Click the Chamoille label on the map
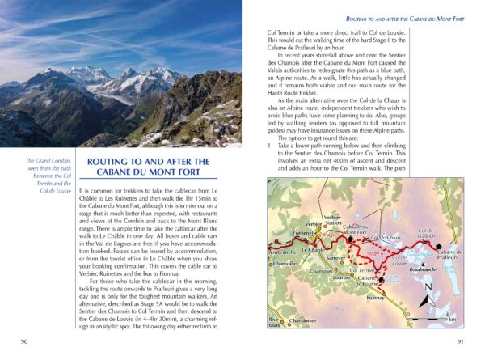285,263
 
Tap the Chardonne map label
302,321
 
